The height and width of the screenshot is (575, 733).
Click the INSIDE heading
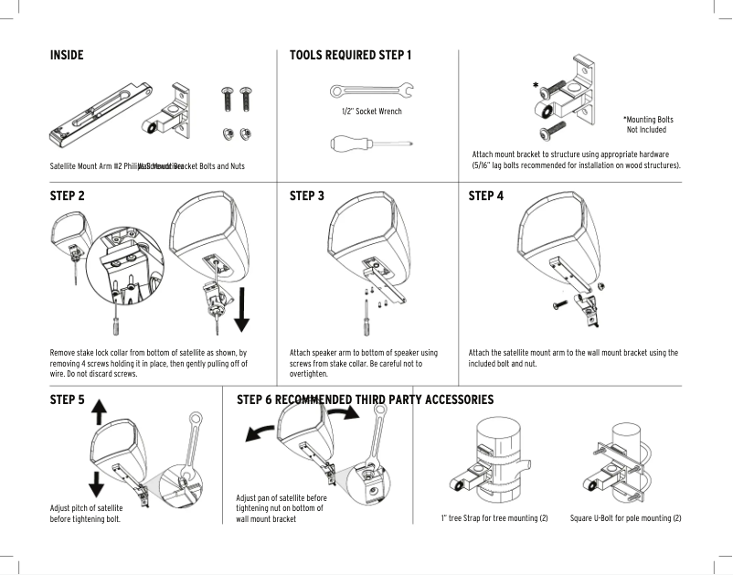[x=67, y=56]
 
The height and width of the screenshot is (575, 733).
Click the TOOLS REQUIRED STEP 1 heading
[x=350, y=56]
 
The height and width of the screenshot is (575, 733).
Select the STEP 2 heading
[x=68, y=196]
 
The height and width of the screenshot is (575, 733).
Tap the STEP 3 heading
[x=307, y=196]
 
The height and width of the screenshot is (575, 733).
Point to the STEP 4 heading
[x=485, y=196]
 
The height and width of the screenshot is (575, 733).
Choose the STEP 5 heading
[x=68, y=399]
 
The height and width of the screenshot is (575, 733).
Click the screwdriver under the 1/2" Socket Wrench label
[x=370, y=143]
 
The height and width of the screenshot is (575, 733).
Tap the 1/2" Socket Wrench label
[x=370, y=112]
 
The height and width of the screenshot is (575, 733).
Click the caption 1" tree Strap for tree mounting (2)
[x=494, y=519]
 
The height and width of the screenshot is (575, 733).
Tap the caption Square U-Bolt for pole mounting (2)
[x=625, y=519]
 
